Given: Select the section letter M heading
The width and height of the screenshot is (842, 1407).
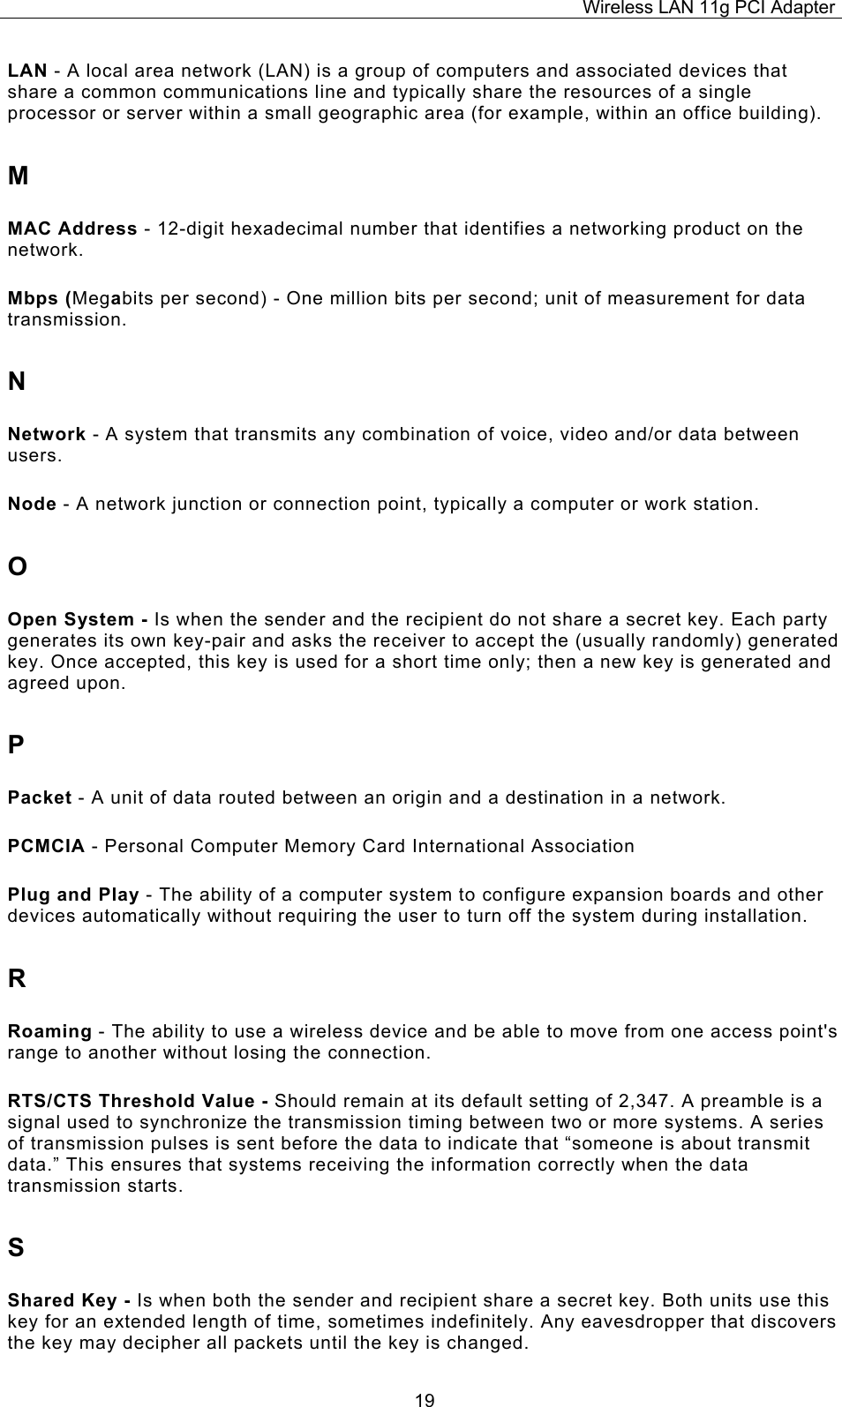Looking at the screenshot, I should tap(18, 176).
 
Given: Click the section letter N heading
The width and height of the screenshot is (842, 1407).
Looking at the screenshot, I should tap(17, 382).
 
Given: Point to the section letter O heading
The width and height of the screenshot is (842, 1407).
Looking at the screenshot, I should tap(18, 566).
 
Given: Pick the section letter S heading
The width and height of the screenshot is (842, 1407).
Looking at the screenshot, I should tap(16, 1248).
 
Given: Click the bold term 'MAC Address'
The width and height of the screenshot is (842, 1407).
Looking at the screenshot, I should tap(72, 229).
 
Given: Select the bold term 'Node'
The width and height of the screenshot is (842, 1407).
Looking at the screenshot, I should tap(32, 505).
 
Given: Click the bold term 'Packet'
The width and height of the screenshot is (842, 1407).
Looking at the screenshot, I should tap(40, 798).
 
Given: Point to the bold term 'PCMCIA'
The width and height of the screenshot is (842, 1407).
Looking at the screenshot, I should tap(46, 847).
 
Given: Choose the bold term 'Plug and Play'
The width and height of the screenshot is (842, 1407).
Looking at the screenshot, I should tap(73, 895).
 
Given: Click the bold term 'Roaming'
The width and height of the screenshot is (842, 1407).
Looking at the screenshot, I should tap(49, 1031).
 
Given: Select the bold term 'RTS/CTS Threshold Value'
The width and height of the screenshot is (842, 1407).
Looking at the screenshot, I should tap(133, 1101).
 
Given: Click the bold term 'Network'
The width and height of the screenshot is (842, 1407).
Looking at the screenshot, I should tap(47, 434).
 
